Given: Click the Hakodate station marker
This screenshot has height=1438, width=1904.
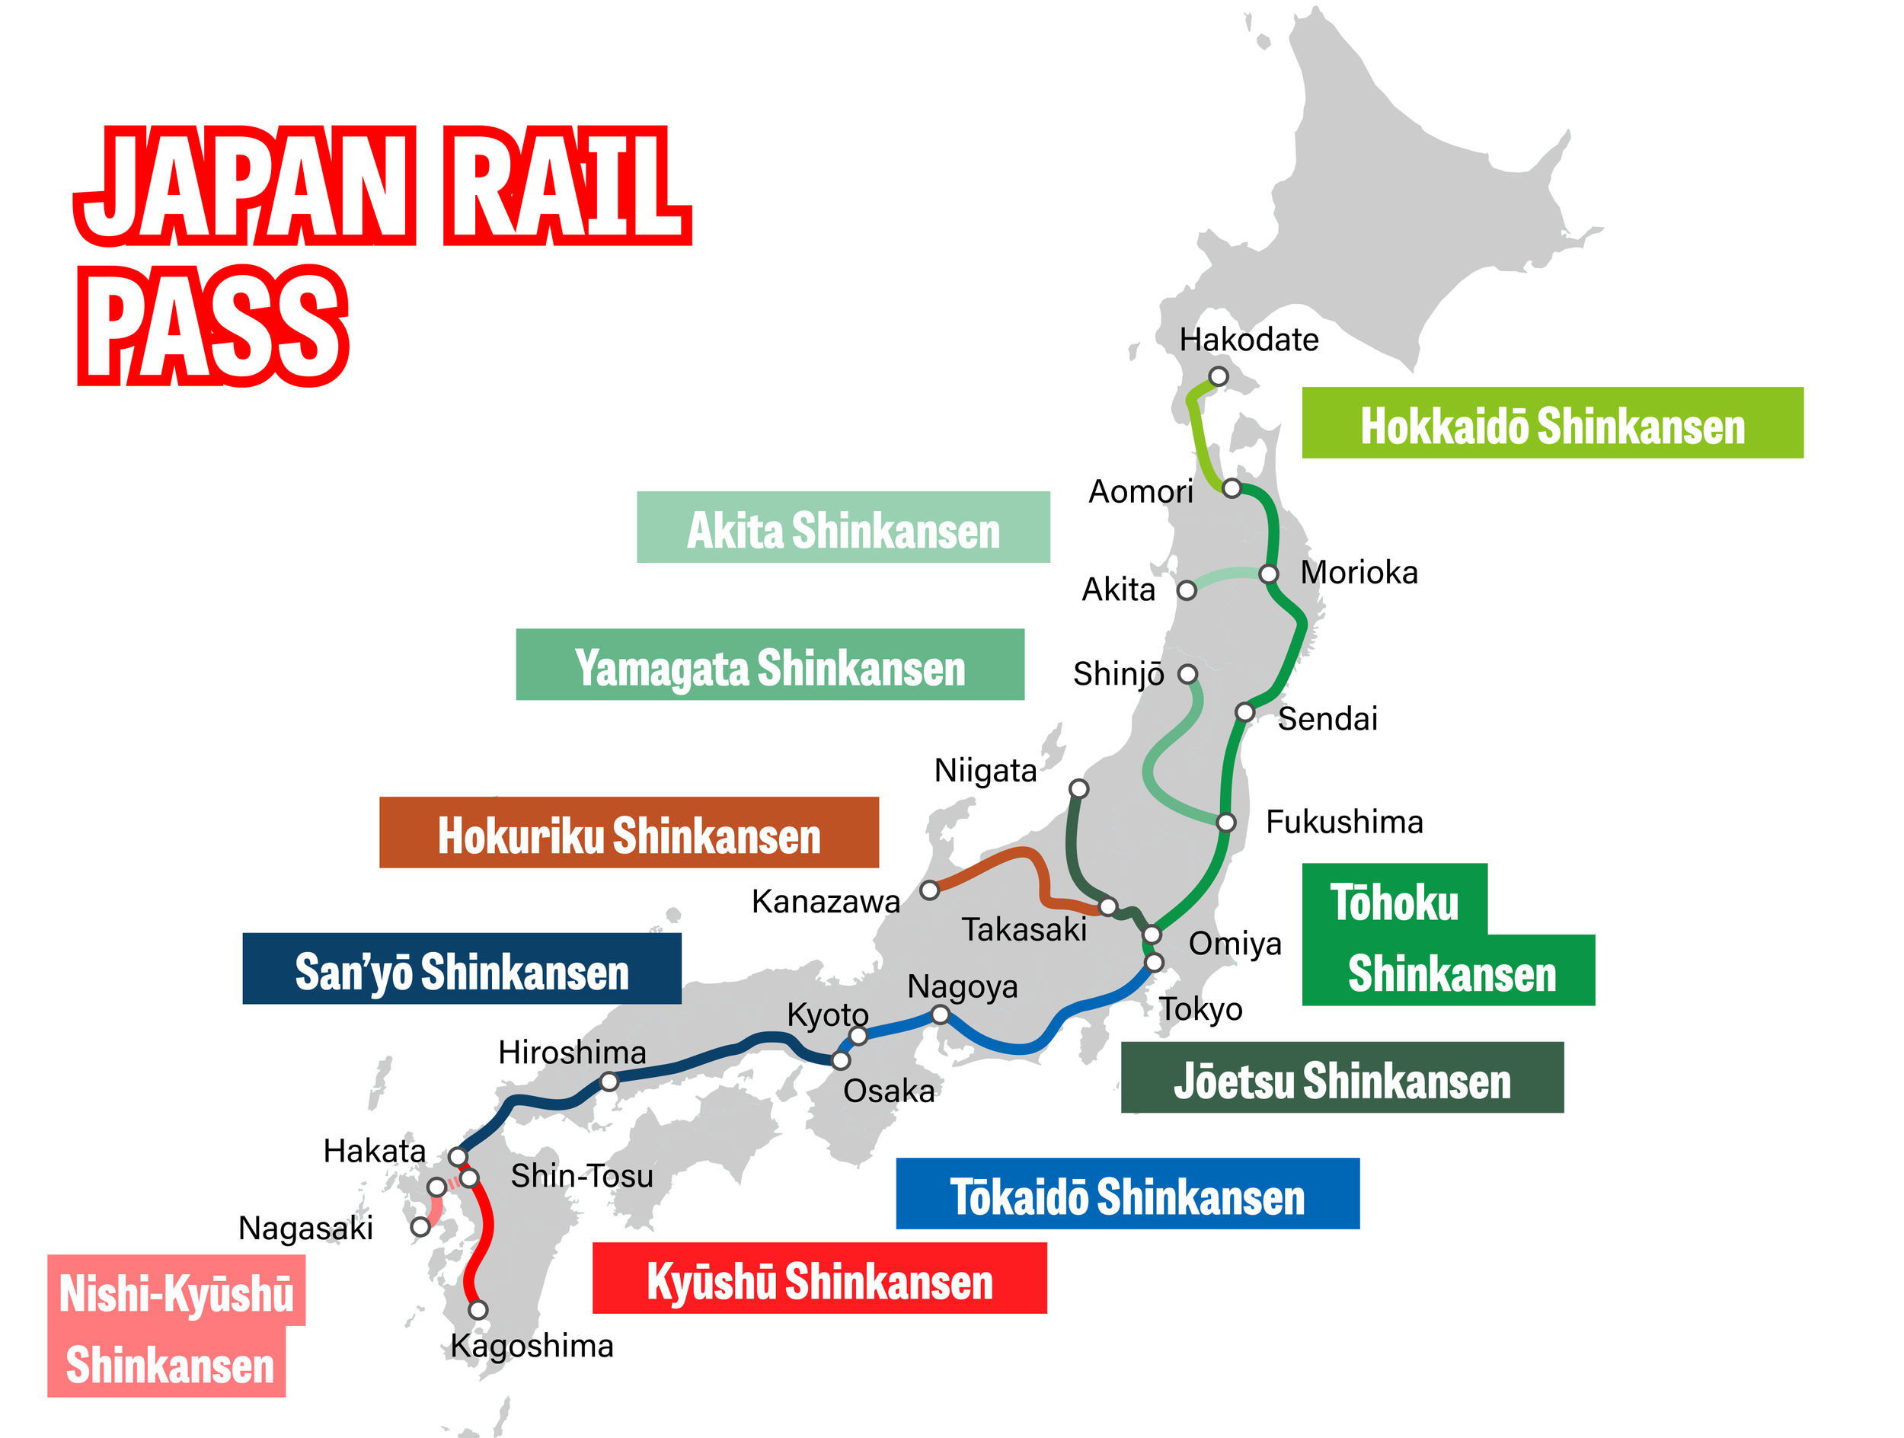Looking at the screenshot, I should point(1218,376).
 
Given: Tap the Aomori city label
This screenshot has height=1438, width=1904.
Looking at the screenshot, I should point(1141,491).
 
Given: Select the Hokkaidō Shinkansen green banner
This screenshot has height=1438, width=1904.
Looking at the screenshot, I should point(1552,423).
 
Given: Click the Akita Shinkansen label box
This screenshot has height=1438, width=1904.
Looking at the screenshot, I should point(842,528).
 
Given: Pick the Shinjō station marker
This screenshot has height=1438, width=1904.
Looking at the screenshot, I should point(1187,674).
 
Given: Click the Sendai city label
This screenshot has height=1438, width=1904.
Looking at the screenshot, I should point(1327,718).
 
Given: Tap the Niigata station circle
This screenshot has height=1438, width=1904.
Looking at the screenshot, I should point(1078,788).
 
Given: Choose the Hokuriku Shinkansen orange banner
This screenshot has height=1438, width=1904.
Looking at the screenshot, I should point(628,832).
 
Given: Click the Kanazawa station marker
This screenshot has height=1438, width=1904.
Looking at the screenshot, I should point(930,890).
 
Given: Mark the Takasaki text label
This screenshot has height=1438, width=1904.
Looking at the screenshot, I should point(1024,929).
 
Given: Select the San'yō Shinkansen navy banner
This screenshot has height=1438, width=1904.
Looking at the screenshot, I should point(462,968).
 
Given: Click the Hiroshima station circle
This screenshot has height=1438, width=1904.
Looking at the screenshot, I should point(609,1081).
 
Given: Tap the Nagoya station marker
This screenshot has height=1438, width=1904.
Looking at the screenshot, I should point(941,1015).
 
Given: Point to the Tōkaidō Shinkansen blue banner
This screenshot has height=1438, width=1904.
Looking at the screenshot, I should point(1126,1194).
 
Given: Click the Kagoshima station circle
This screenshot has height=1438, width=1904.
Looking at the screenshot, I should point(478,1310).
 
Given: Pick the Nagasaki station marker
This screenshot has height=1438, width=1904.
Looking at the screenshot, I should point(420,1227).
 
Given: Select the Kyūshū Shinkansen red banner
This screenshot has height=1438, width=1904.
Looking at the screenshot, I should point(819,1278).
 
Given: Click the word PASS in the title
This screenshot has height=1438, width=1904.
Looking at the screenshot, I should point(213,326).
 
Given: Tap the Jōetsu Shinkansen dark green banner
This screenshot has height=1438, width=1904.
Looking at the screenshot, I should point(1341,1078).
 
